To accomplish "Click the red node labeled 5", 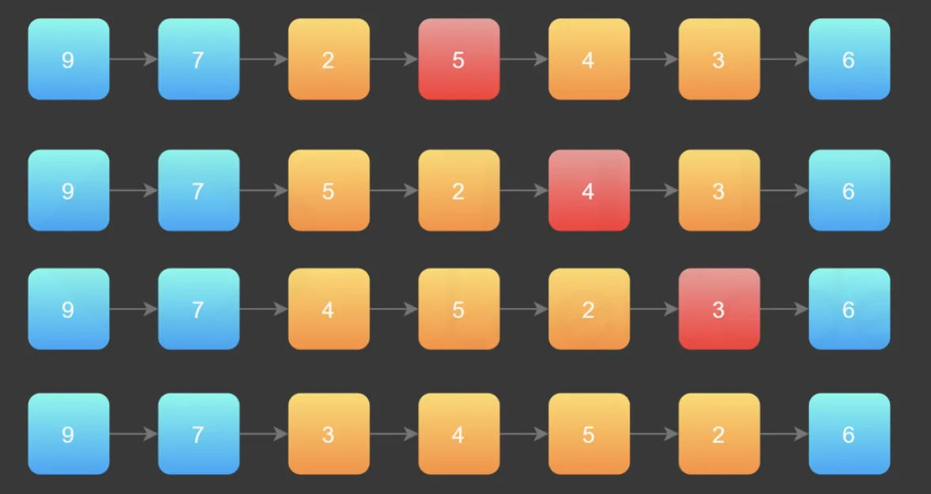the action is pyautogui.click(x=459, y=59).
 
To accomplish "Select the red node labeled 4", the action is pyautogui.click(x=589, y=190).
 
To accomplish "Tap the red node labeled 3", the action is pyautogui.click(x=719, y=309).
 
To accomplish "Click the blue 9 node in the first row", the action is pyautogui.click(x=69, y=59).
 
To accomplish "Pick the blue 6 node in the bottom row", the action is pyautogui.click(x=849, y=434).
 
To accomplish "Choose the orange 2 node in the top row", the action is pyautogui.click(x=329, y=59).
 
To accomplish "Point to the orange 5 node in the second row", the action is pyautogui.click(x=329, y=190).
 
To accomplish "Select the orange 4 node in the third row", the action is pyautogui.click(x=329, y=309).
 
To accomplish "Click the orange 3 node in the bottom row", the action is pyautogui.click(x=329, y=434).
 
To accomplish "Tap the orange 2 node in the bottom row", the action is pyautogui.click(x=719, y=434).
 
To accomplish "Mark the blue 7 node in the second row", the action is pyautogui.click(x=199, y=190).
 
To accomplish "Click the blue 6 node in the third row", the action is pyautogui.click(x=849, y=309).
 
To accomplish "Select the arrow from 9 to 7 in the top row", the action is pyautogui.click(x=134, y=59).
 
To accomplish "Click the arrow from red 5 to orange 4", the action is pyautogui.click(x=524, y=59).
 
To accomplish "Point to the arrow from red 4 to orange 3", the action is pyautogui.click(x=654, y=190).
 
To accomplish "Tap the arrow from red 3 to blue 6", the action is pyautogui.click(x=785, y=309).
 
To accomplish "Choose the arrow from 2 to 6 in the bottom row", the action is pyautogui.click(x=785, y=434).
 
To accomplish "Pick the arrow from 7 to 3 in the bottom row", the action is pyautogui.click(x=264, y=434).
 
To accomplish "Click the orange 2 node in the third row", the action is pyautogui.click(x=589, y=309).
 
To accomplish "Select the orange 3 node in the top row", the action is pyautogui.click(x=719, y=59).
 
